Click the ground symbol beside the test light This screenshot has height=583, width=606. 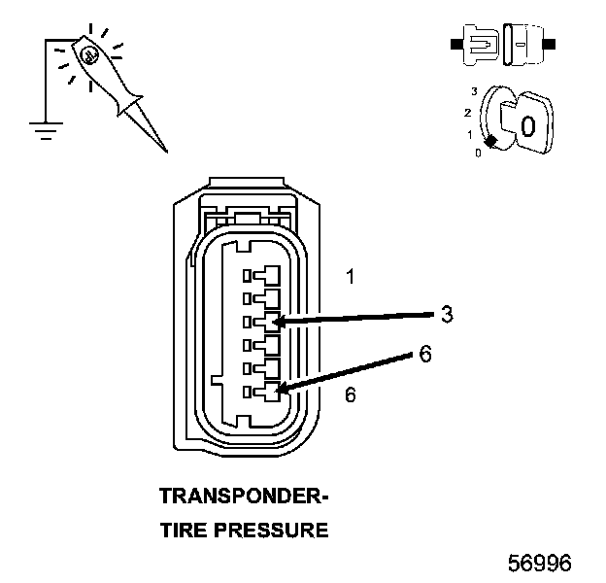point(41,125)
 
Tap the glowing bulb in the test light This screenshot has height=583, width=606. point(88,56)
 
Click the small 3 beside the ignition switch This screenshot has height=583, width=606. point(474,90)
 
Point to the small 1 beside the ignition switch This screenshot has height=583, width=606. point(470,134)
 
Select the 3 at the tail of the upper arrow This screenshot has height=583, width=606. point(446,314)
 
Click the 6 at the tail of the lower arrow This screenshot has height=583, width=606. point(424,355)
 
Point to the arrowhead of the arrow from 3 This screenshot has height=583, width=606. point(277,322)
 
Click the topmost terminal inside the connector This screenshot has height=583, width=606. point(265,275)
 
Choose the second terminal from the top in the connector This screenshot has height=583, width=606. point(265,298)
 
